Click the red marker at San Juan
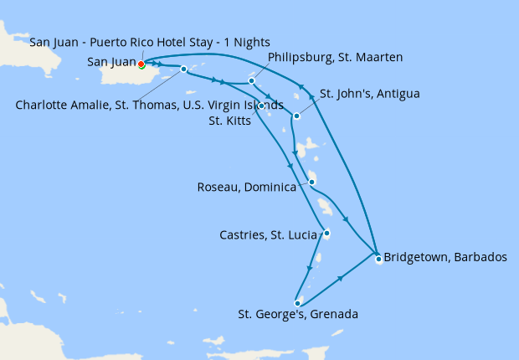click(141, 64)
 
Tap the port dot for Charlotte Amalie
click(183, 69)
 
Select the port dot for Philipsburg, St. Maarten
click(251, 81)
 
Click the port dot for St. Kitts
click(262, 105)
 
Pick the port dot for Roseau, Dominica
click(311, 183)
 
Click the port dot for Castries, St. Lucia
click(326, 233)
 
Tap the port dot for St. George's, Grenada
click(297, 303)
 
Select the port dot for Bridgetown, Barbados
click(378, 259)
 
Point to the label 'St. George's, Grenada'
click(298, 316)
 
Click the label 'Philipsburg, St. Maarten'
click(335, 57)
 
